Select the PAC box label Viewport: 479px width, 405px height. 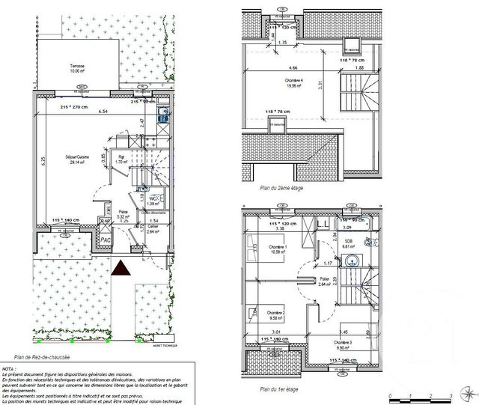pos(106,240)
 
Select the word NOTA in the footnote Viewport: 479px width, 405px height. pos(10,370)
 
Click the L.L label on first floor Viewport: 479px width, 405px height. pos(323,225)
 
